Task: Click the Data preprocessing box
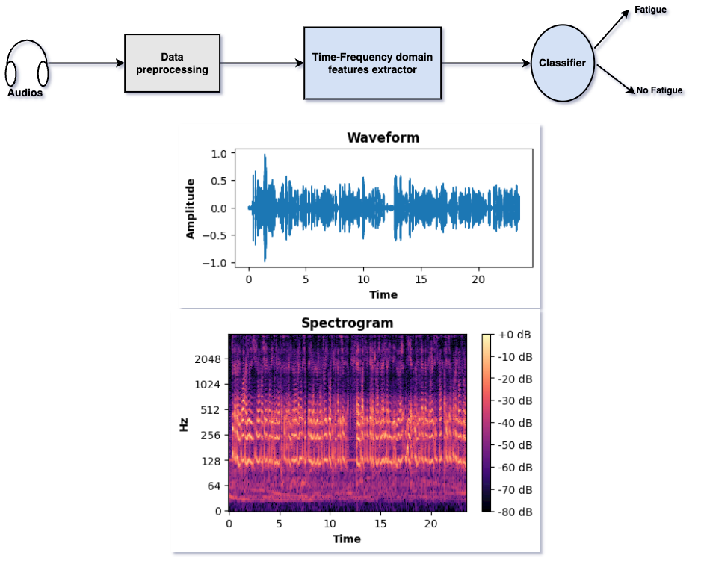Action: point(173,63)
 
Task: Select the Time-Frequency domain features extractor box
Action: point(372,63)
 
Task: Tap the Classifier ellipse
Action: point(562,63)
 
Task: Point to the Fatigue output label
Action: point(651,10)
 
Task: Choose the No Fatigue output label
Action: point(659,90)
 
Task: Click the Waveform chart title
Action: point(383,137)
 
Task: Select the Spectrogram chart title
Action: point(347,323)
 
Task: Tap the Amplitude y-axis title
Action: point(191,208)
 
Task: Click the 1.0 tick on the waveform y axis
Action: point(217,154)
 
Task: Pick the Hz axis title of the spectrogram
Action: point(183,424)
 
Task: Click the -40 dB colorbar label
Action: point(516,422)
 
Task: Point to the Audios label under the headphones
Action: point(25,93)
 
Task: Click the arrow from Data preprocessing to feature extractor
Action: point(262,63)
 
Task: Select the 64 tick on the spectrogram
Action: point(213,486)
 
